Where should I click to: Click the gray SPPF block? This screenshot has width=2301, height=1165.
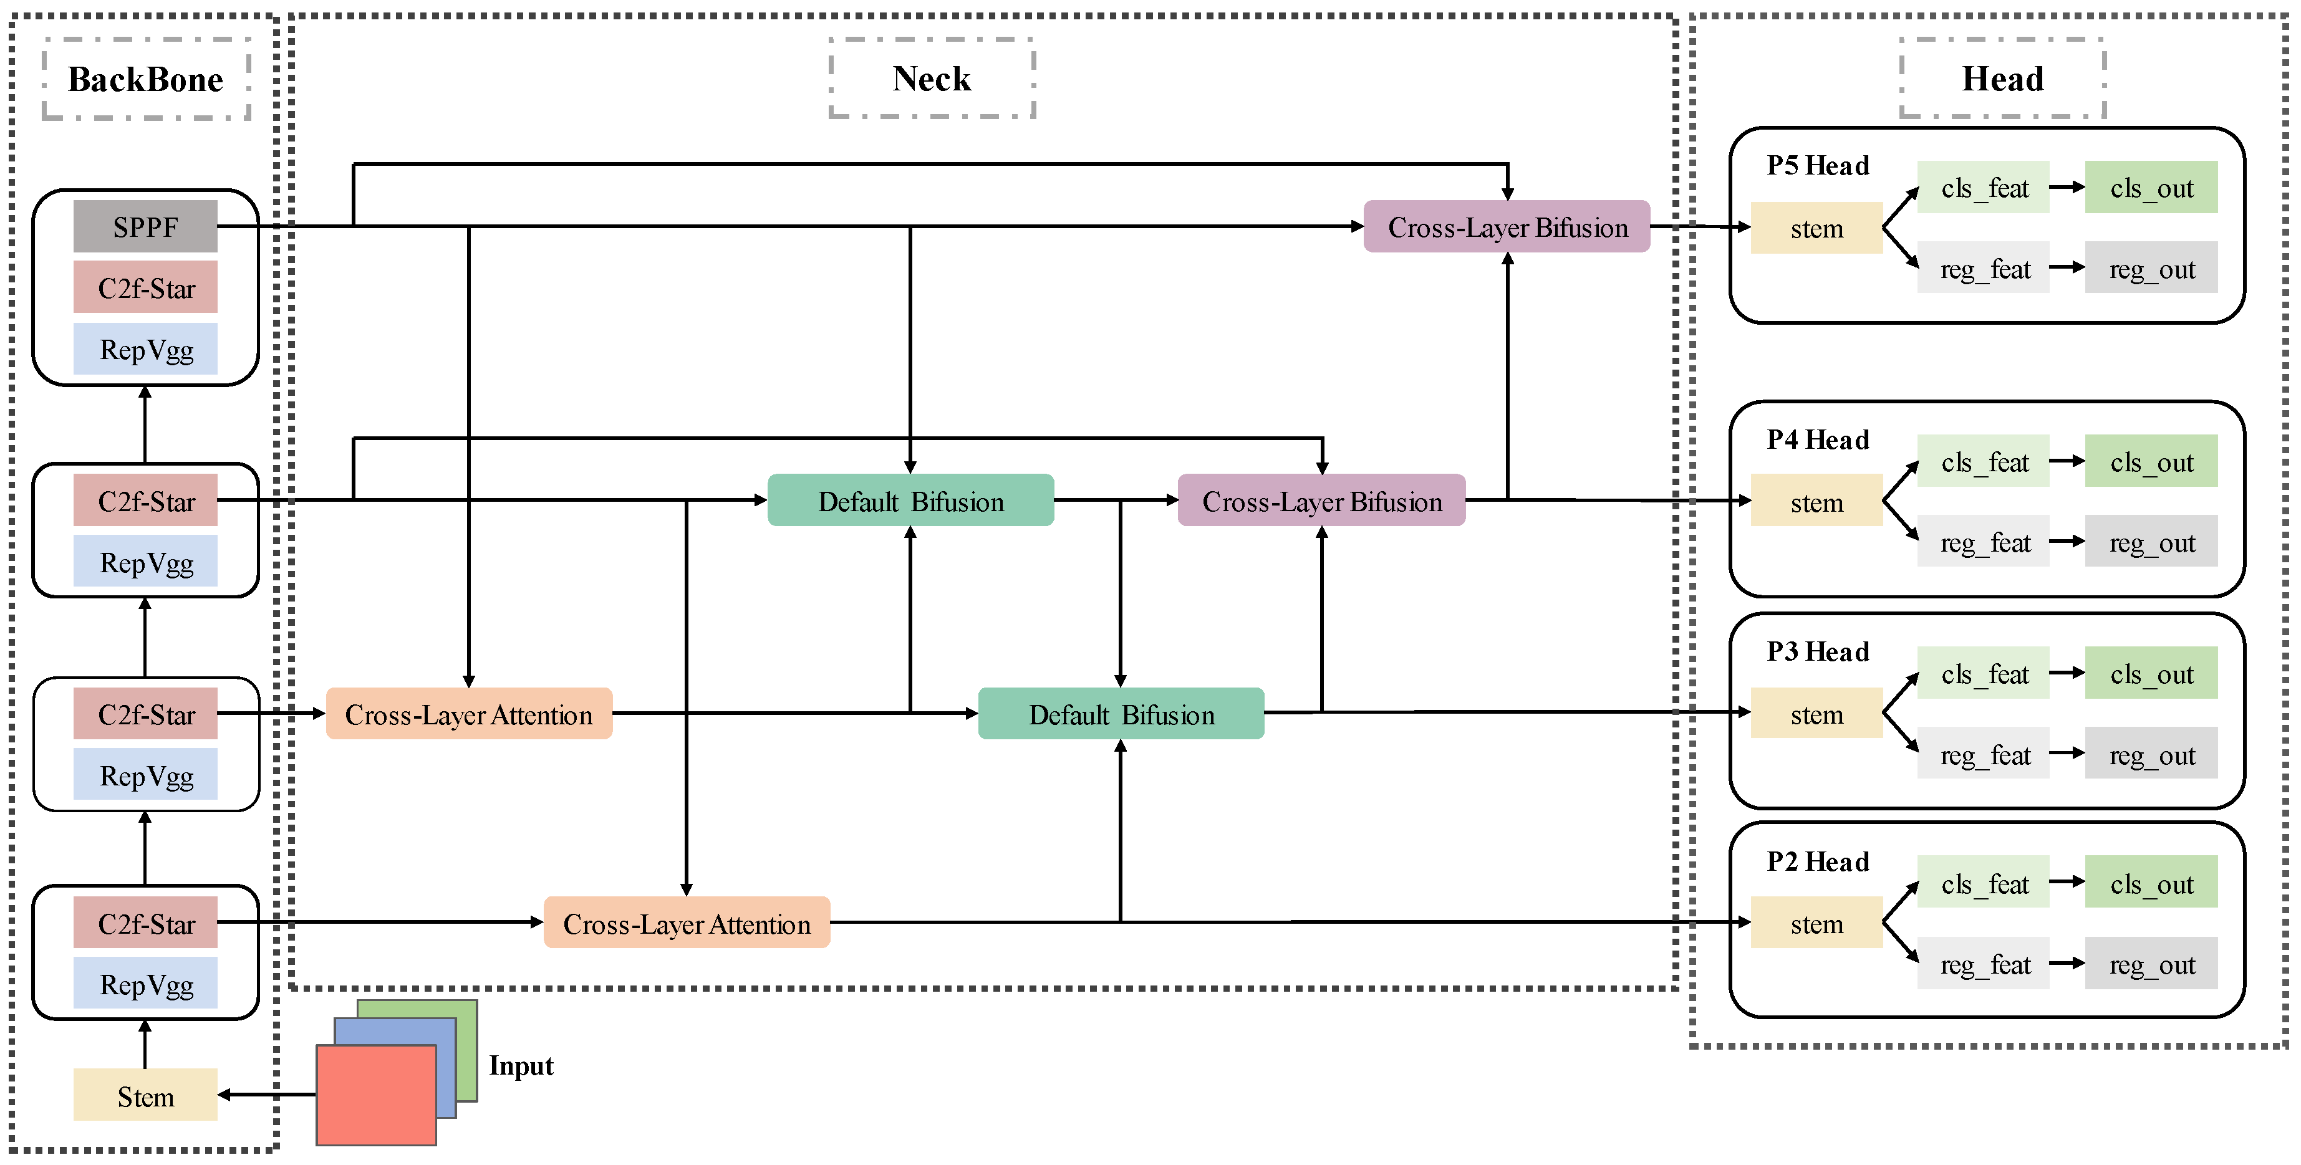(x=145, y=227)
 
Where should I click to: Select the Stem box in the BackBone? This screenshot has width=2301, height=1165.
(x=145, y=1095)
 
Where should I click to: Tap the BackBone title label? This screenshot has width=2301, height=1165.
(x=145, y=79)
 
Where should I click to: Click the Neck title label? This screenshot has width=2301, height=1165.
(x=932, y=79)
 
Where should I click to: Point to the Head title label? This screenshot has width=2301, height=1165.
(x=2002, y=79)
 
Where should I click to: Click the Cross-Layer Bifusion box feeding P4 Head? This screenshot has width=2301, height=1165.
(x=1321, y=501)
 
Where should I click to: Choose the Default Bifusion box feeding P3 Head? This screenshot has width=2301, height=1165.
(x=1121, y=714)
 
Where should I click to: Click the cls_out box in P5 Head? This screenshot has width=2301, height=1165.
(x=2151, y=188)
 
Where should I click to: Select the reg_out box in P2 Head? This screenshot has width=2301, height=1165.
(x=2151, y=964)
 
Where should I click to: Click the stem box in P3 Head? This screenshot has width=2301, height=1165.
(x=1816, y=714)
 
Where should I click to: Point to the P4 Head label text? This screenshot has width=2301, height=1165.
(x=1817, y=439)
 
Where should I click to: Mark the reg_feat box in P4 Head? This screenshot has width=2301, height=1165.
(x=1983, y=542)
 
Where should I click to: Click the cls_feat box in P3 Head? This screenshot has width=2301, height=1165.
(x=1983, y=674)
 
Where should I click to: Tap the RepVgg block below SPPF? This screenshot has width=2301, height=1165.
(x=145, y=349)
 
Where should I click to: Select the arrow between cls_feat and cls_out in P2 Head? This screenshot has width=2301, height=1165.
(x=2066, y=882)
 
